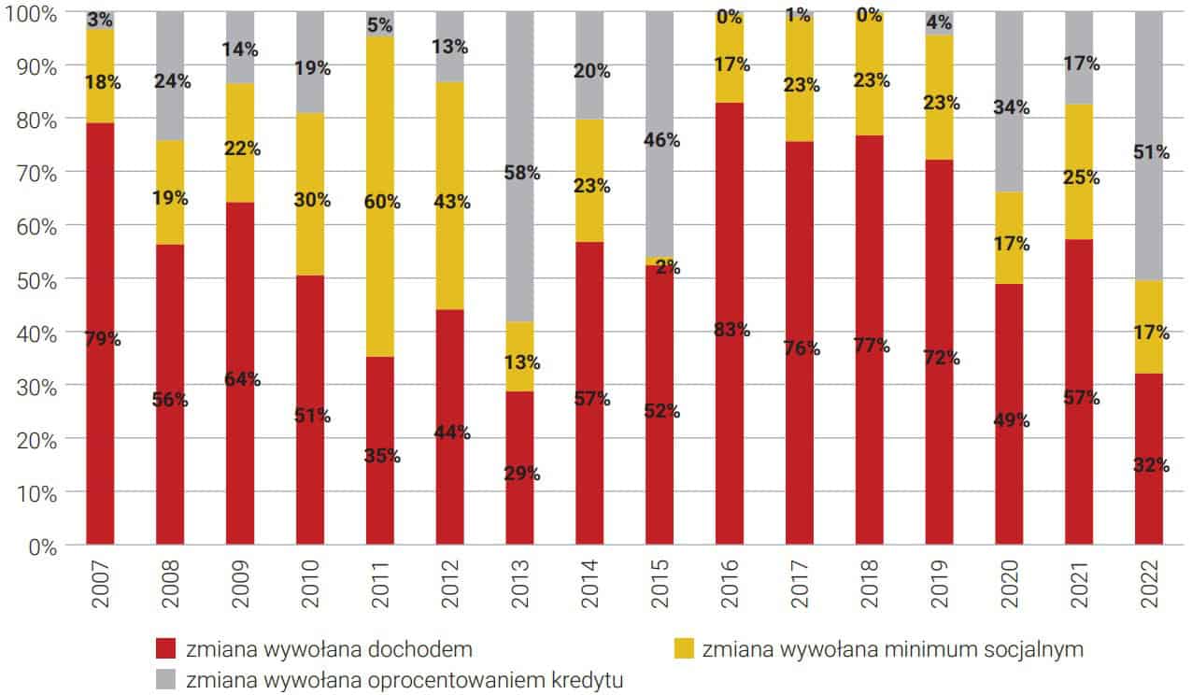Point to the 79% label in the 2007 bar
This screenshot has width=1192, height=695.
pos(101,339)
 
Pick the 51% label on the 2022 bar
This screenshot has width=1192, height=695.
pos(1150,152)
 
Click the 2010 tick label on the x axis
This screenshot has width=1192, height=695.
pos(309,584)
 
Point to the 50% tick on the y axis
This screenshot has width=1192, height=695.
pos(35,279)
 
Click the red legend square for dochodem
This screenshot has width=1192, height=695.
pos(166,648)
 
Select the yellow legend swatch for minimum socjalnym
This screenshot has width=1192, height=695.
pos(684,648)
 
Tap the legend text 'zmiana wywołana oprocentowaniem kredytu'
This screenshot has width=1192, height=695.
pos(404,678)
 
